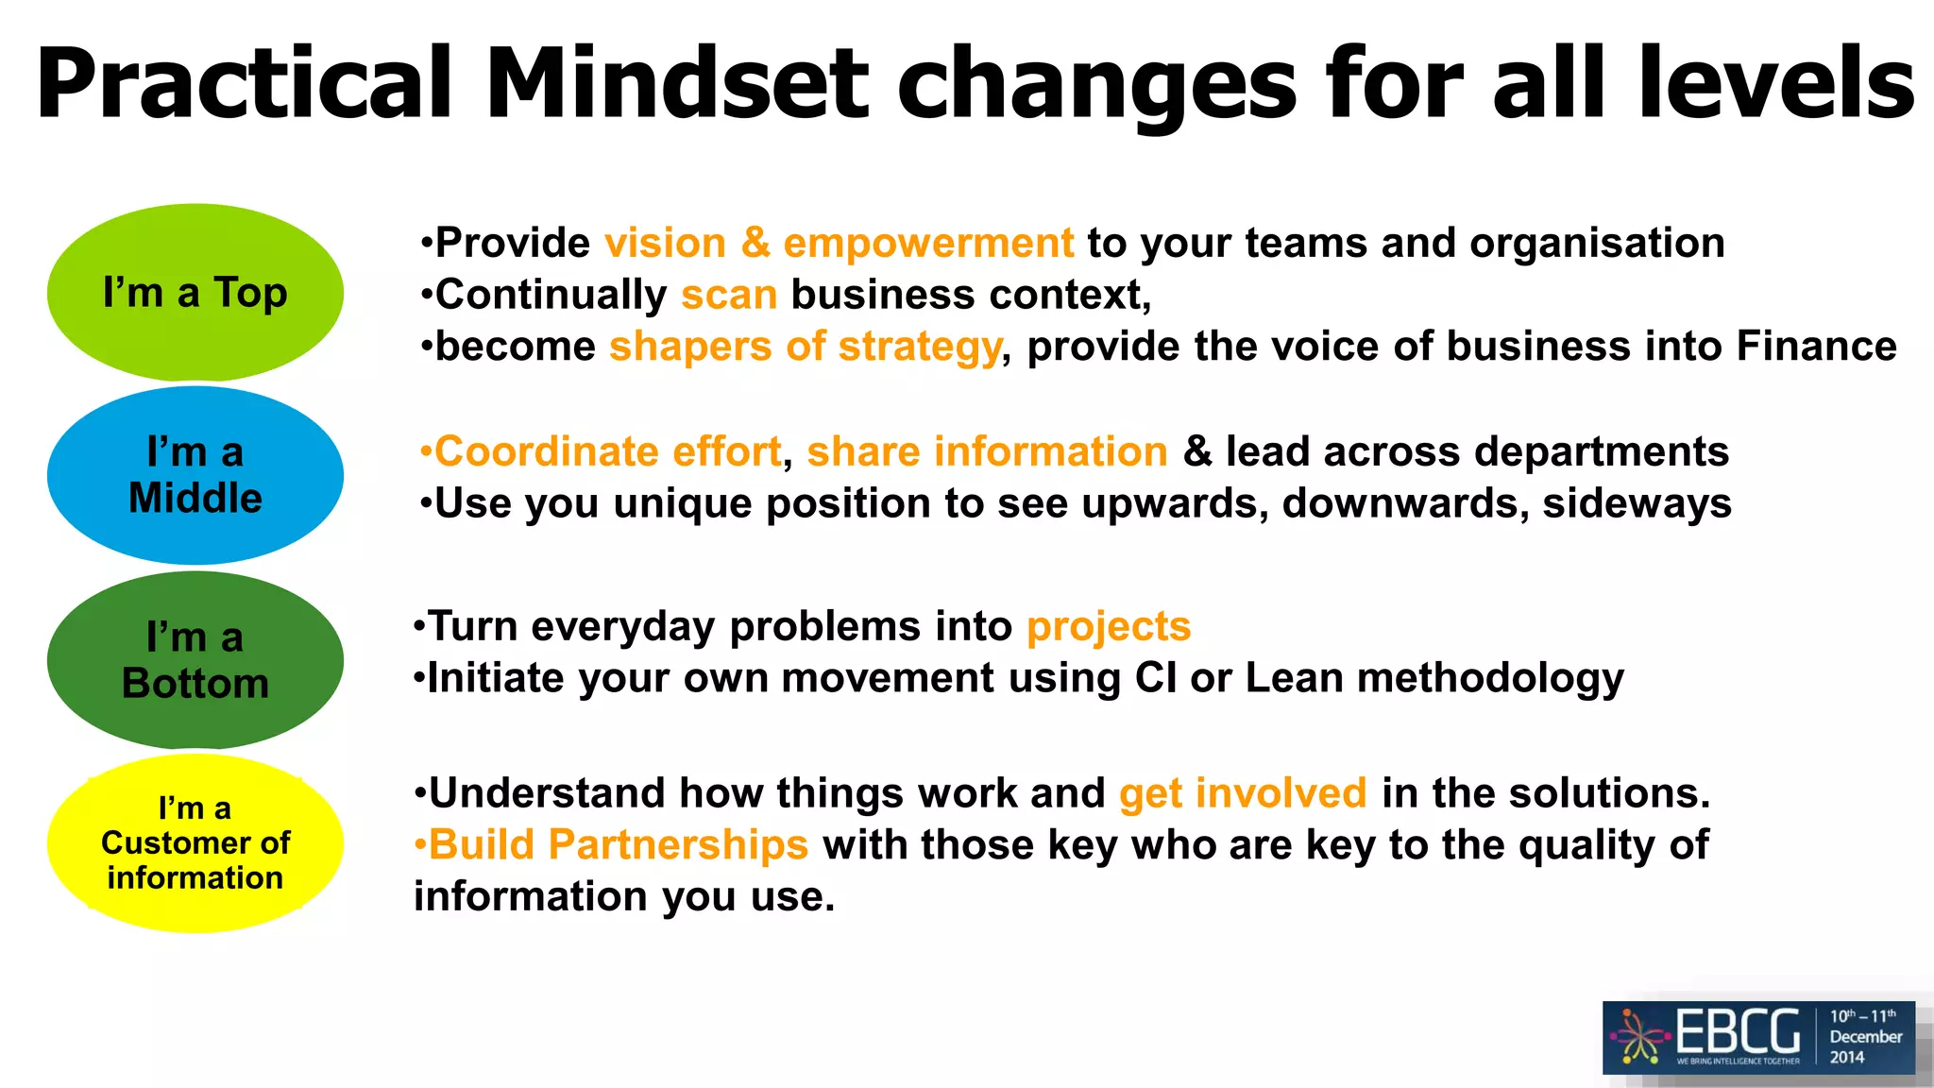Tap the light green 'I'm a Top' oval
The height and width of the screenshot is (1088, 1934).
pos(195,293)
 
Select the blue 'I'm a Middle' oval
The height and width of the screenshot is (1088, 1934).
pos(195,475)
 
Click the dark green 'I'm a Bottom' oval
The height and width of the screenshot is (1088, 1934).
pos(195,660)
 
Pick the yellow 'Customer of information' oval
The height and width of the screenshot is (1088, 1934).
pos(195,843)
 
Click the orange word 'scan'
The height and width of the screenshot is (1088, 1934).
pos(729,296)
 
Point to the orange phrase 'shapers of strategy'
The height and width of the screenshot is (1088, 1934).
pos(805,347)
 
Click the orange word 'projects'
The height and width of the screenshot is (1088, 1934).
pos(1109,627)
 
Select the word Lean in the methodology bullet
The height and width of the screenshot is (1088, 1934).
pos(1294,678)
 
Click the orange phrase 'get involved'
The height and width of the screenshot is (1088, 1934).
pos(1243,793)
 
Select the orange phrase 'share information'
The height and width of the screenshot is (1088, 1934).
pos(987,452)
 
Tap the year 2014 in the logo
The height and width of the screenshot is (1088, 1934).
pos(1847,1058)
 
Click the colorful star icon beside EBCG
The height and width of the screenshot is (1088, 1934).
pos(1640,1037)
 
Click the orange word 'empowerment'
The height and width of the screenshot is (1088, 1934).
pos(928,244)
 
